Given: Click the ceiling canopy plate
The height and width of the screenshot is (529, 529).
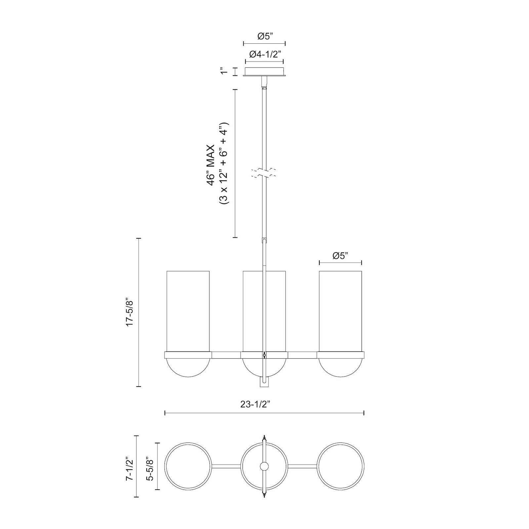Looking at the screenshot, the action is click(264, 72).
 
